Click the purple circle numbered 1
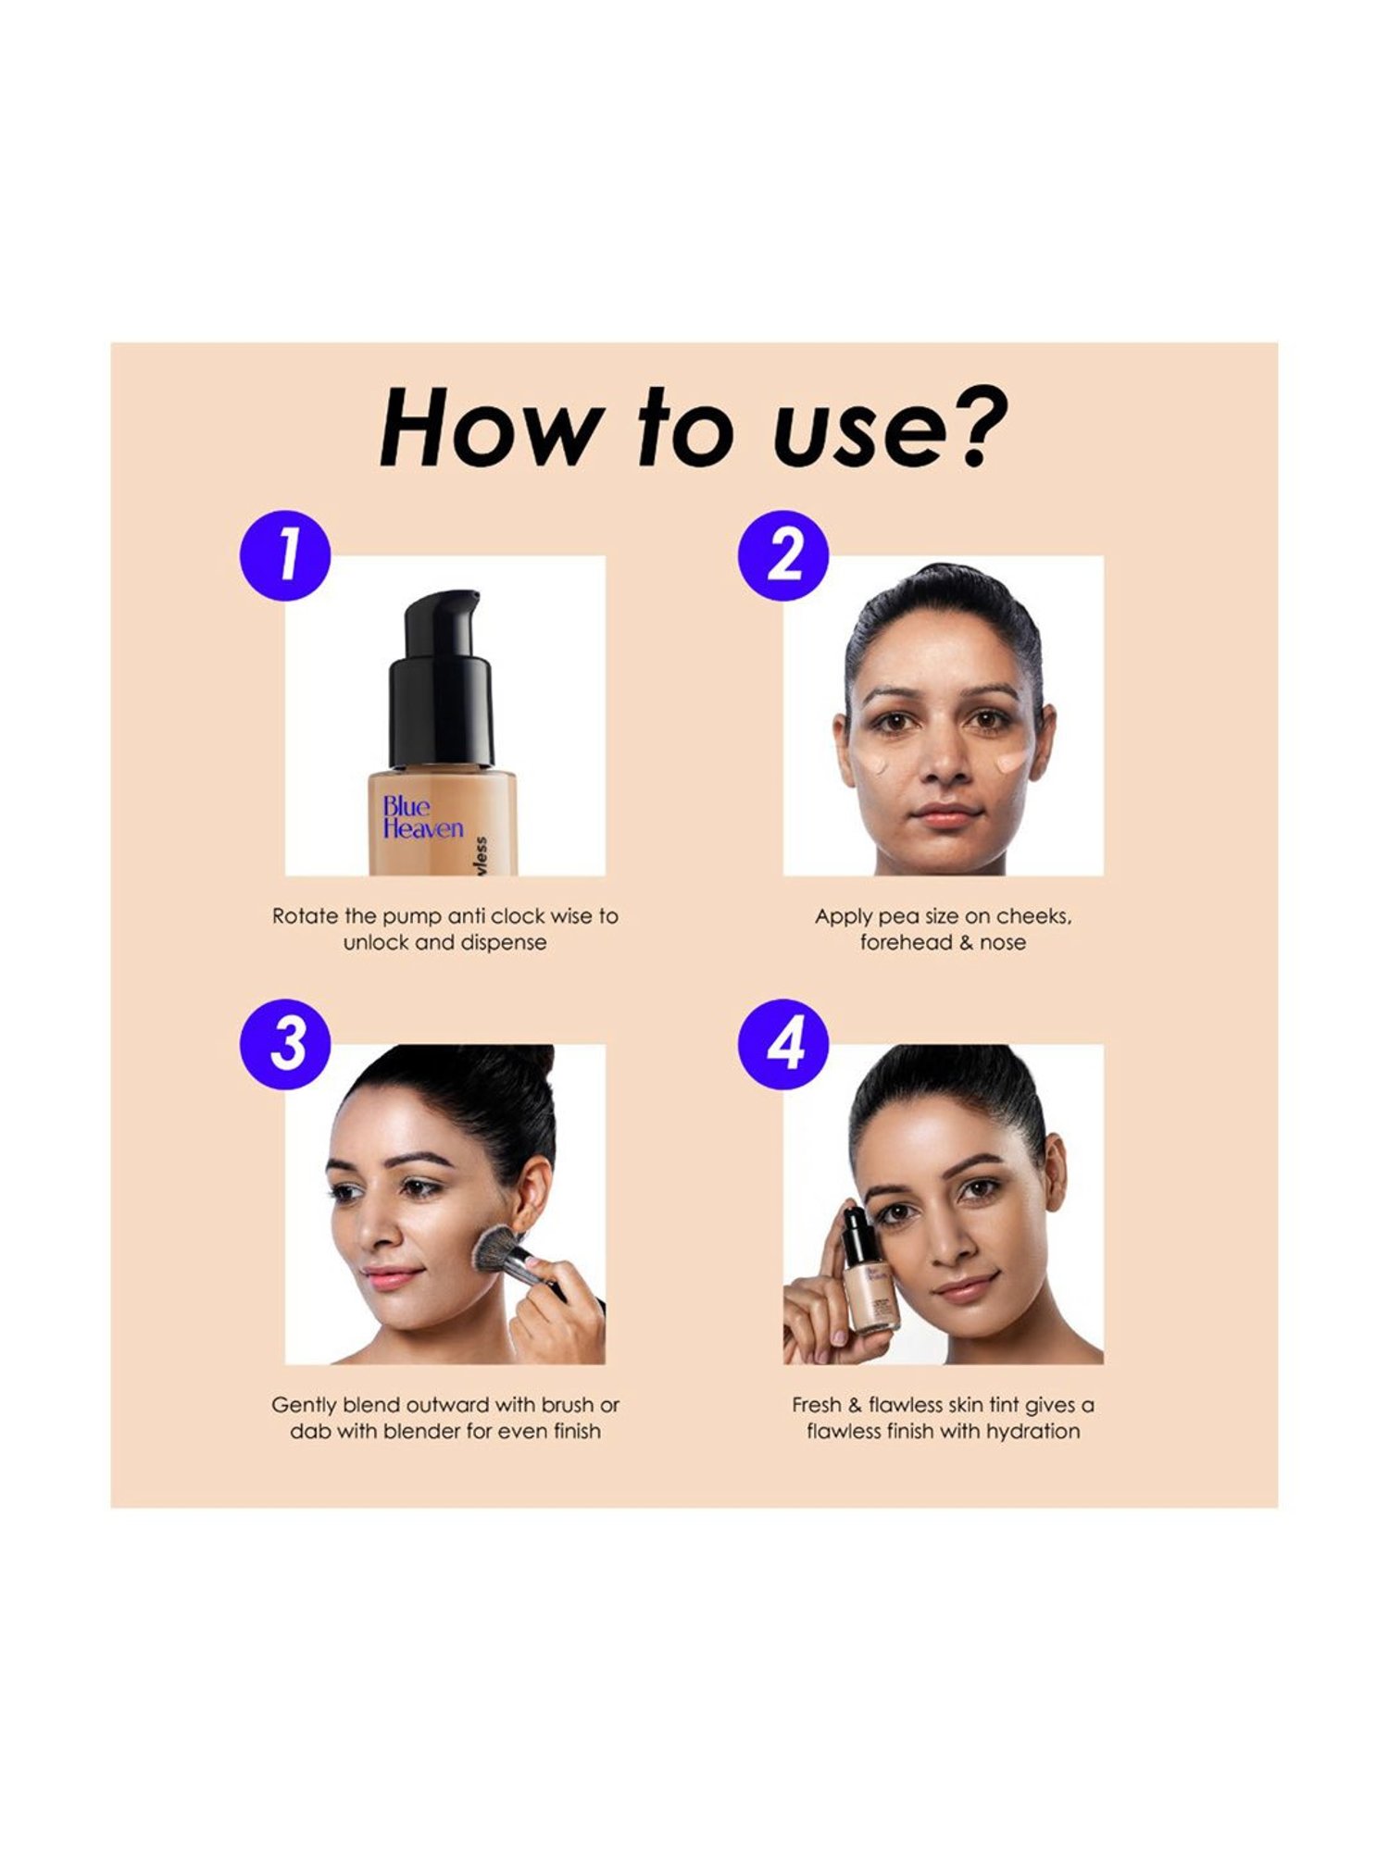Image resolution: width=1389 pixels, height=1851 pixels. [x=285, y=555]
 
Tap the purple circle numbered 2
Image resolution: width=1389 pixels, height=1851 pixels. [x=783, y=555]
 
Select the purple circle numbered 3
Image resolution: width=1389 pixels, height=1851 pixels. [x=285, y=1044]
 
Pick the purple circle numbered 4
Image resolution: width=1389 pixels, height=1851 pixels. [x=783, y=1044]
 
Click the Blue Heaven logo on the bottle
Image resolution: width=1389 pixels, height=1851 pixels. [x=421, y=818]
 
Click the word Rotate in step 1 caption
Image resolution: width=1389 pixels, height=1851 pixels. [x=305, y=916]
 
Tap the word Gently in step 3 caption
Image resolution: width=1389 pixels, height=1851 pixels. [x=303, y=1405]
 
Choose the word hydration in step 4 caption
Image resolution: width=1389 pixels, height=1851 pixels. [x=1032, y=1432]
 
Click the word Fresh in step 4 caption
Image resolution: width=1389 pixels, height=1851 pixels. [x=816, y=1405]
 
